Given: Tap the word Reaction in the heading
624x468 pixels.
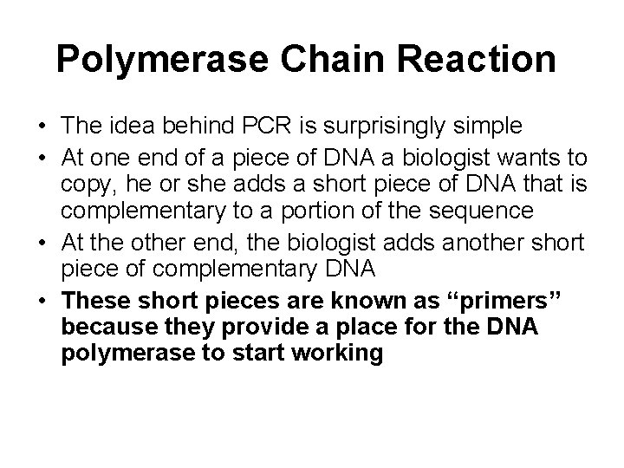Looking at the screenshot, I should pos(464,59).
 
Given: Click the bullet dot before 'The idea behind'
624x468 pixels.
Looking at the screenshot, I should pos(42,127).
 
